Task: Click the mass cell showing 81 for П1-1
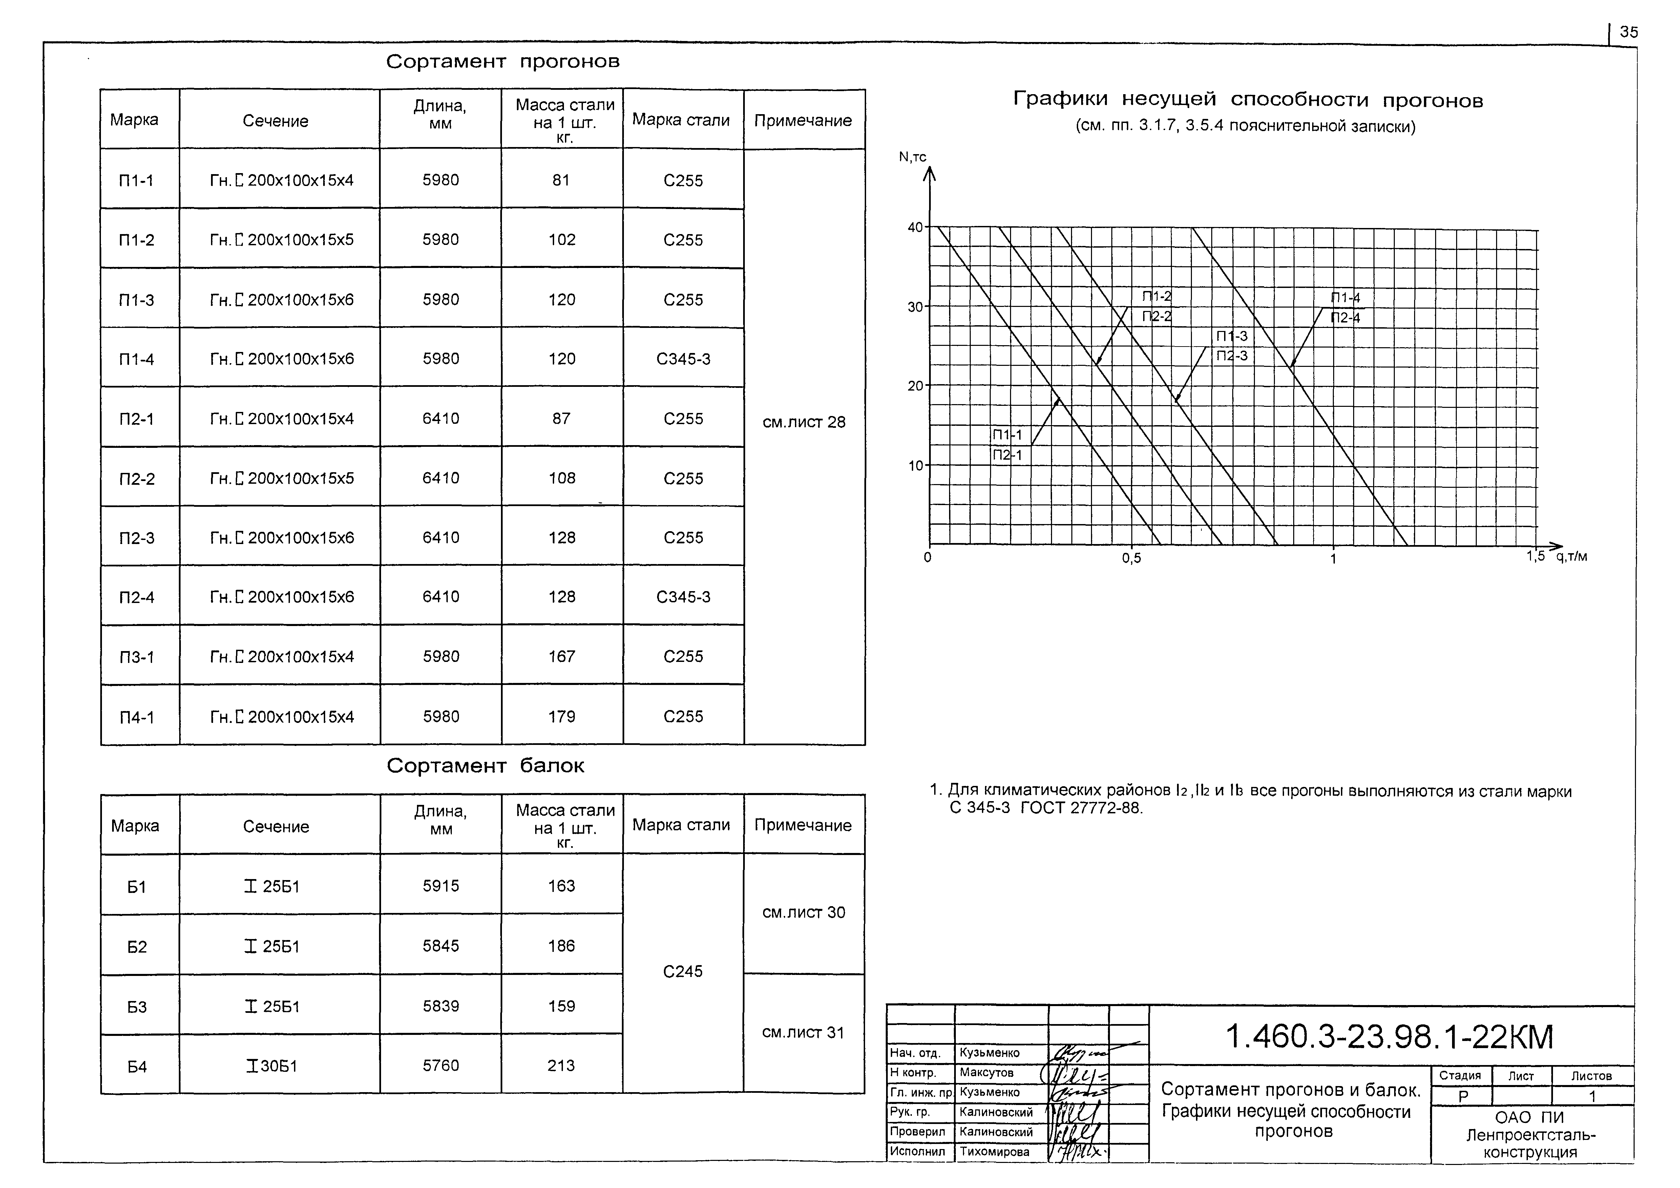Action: tap(561, 180)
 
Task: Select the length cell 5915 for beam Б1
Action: tap(440, 886)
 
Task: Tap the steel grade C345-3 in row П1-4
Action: tap(683, 359)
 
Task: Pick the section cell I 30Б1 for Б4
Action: tap(271, 1066)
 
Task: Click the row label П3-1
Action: tap(137, 656)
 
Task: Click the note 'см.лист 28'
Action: tap(803, 422)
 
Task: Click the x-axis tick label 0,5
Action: tap(1131, 559)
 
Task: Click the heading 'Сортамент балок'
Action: tap(485, 766)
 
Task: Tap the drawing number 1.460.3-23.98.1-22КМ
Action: tap(1389, 1037)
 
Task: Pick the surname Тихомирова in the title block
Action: tap(994, 1151)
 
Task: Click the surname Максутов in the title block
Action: tap(986, 1072)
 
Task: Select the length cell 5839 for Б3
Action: tap(440, 1006)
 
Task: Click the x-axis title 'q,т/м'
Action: tap(1571, 556)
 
